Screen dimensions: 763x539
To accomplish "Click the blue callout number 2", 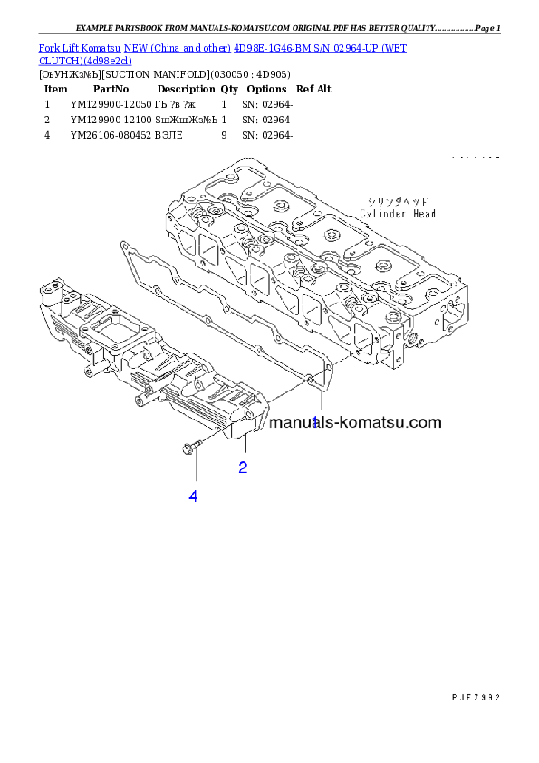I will point(243,468).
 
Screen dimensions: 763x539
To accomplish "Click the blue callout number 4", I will point(193,496).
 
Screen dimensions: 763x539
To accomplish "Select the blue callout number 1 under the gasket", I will point(315,422).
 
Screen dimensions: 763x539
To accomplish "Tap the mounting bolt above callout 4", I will point(191,446).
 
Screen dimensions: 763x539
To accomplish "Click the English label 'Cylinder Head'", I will point(397,214).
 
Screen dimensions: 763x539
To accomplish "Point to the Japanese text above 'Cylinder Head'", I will point(397,200).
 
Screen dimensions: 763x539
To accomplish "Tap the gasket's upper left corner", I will point(122,243).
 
